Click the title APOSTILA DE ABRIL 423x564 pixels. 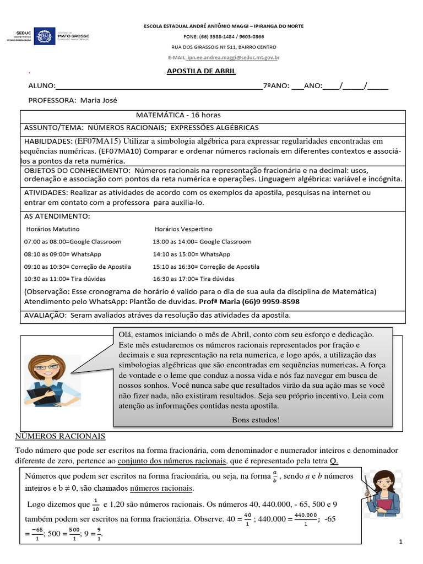201,71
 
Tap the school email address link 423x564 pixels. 233,57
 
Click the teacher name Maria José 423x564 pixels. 99,100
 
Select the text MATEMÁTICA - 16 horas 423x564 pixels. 178,115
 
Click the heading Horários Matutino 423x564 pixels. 52,229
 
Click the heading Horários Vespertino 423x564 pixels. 183,229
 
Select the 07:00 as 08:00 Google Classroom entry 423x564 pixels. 73,242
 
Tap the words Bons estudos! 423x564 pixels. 256,420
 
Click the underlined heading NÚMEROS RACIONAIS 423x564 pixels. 59,436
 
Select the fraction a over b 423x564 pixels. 275,476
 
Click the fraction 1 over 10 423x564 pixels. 95,505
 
